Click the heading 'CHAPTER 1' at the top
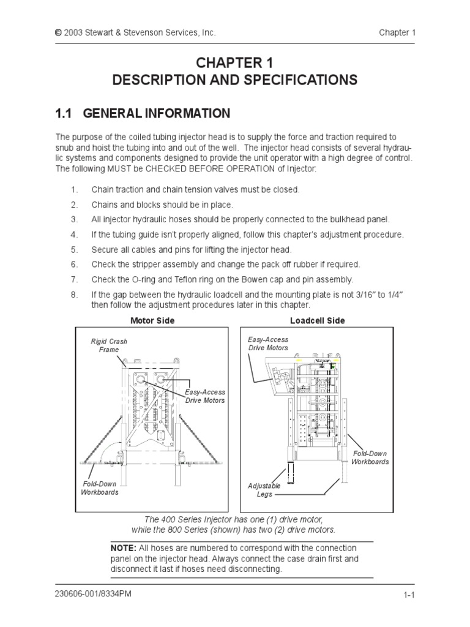click(235, 63)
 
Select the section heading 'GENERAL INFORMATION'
click(157, 113)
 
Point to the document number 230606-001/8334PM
click(93, 594)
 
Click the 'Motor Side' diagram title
click(152, 320)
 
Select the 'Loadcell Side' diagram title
click(317, 320)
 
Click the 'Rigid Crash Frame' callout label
click(109, 345)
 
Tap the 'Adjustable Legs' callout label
click(264, 490)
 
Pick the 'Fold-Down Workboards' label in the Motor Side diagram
click(99, 487)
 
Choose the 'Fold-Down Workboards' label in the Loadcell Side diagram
click(370, 457)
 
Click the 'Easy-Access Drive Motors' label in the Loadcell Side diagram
click(267, 344)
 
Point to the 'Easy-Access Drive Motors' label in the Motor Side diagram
click(205, 396)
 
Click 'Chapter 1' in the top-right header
click(397, 32)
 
